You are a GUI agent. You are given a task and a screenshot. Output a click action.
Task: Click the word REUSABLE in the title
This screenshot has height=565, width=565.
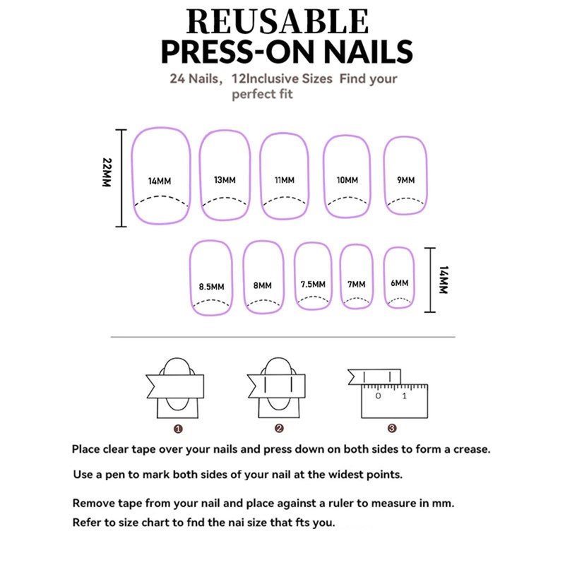click(x=278, y=23)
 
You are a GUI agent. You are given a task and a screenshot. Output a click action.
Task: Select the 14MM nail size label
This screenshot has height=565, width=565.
click(x=160, y=181)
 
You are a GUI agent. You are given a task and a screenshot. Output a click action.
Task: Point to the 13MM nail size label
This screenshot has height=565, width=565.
click(x=225, y=180)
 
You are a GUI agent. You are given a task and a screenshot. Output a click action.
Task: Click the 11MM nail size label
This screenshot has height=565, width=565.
click(x=284, y=180)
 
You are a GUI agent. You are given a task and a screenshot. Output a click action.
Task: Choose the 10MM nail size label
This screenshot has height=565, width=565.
click(x=347, y=180)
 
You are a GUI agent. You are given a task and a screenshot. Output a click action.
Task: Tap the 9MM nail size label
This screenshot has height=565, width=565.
click(x=405, y=180)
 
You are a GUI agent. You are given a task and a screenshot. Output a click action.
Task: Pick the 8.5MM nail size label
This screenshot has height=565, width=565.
click(x=211, y=287)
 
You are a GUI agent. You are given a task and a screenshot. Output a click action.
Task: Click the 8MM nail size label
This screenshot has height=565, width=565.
click(x=262, y=286)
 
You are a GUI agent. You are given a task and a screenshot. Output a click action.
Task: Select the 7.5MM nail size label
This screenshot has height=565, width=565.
click(x=313, y=285)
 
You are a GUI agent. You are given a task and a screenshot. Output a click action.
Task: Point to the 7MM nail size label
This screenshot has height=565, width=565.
click(x=356, y=285)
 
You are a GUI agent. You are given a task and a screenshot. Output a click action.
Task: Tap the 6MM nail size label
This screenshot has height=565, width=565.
click(x=399, y=283)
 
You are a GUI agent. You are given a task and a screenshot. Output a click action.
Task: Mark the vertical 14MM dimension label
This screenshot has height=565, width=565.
click(x=443, y=279)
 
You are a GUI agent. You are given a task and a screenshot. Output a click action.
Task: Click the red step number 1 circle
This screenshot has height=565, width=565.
click(x=178, y=428)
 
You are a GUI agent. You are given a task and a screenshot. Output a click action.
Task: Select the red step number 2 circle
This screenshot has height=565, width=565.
click(x=279, y=428)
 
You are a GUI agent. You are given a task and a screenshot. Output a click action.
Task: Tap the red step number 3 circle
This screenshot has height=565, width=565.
click(x=392, y=428)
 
